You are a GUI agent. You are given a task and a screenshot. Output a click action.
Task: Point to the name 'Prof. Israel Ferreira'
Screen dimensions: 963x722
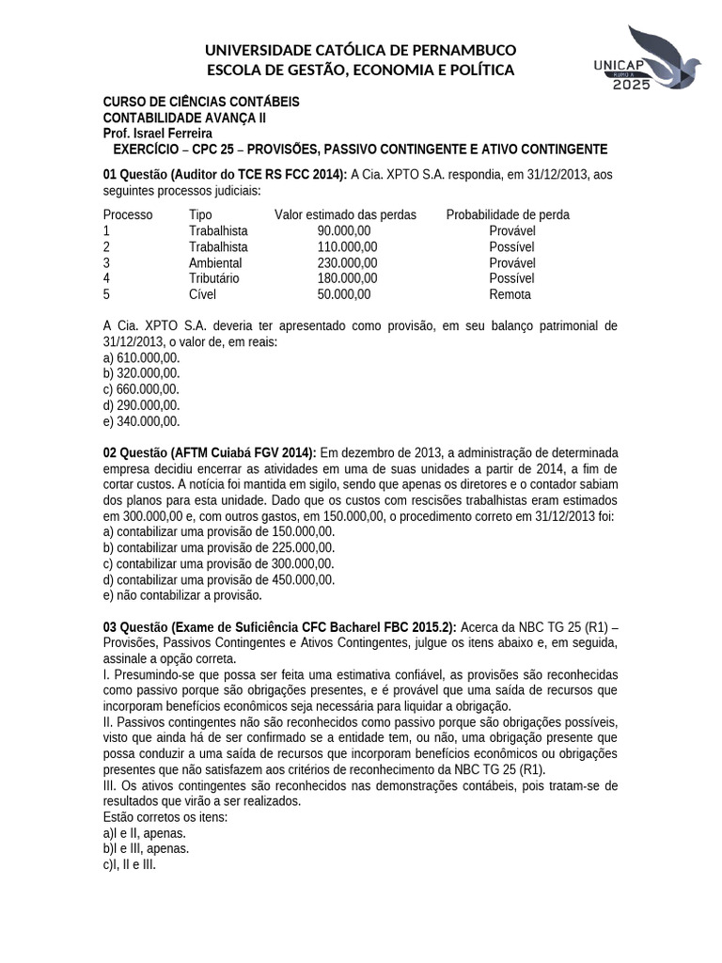click(157, 134)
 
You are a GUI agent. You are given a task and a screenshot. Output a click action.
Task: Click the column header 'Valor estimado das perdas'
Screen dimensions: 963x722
click(345, 214)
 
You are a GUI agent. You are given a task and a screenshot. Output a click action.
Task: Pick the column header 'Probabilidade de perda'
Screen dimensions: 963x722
click(508, 214)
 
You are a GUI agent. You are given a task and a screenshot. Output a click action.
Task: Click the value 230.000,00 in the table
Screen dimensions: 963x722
click(347, 262)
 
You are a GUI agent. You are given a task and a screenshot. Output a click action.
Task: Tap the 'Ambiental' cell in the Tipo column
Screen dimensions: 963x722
click(215, 262)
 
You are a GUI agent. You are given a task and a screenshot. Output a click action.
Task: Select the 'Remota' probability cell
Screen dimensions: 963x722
click(510, 294)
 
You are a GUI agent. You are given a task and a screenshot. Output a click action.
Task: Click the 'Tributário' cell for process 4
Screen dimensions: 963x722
click(214, 278)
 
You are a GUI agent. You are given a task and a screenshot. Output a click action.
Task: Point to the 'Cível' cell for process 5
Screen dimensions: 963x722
click(202, 294)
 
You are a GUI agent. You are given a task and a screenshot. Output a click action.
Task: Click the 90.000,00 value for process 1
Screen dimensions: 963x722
click(344, 230)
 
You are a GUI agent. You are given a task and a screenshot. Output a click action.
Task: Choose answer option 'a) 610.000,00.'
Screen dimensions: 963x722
click(141, 358)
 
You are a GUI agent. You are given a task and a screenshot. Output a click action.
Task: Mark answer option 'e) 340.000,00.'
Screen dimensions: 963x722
click(141, 421)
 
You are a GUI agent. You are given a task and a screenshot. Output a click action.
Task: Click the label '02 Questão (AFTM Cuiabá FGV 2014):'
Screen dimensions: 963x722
click(210, 453)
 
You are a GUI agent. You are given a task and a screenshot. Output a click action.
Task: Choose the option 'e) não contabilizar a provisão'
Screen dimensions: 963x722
click(182, 595)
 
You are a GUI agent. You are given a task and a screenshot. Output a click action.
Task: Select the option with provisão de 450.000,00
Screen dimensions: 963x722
click(218, 579)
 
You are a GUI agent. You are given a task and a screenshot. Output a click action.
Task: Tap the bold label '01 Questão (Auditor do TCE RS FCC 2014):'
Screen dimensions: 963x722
click(225, 174)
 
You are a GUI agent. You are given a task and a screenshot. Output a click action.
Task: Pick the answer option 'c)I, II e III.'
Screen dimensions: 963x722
click(130, 864)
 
